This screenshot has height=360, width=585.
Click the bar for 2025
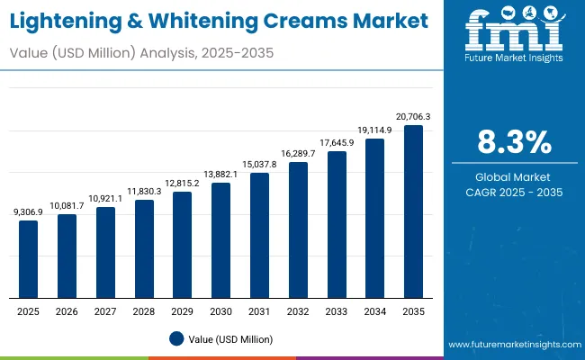tap(29, 259)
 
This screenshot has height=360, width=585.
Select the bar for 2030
tap(220, 240)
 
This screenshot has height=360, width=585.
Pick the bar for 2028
tap(144, 248)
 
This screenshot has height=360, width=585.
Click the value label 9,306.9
tap(29, 211)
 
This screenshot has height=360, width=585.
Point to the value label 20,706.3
tap(413, 116)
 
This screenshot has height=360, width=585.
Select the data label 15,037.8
tap(259, 164)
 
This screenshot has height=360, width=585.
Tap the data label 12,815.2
tap(183, 183)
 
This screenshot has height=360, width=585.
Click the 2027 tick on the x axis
tap(105, 310)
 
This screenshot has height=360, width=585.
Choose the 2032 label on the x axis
tap(298, 310)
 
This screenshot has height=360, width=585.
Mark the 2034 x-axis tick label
tap(374, 310)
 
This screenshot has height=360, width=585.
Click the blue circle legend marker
tap(177, 338)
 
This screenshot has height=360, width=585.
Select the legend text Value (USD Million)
tap(230, 339)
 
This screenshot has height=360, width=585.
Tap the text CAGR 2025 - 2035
tap(515, 192)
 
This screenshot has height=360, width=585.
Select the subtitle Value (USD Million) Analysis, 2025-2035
tap(142, 53)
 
